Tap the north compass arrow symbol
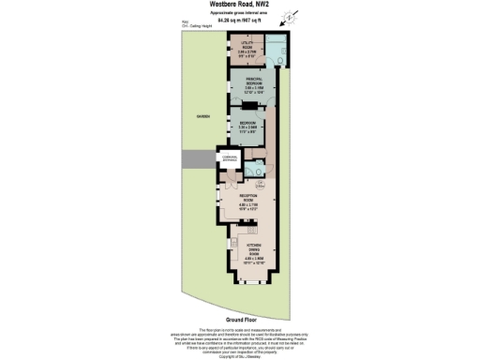(x=291, y=17)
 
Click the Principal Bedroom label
(x=246, y=84)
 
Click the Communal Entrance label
(x=230, y=159)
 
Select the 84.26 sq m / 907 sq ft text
(x=239, y=21)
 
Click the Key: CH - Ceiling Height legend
(x=202, y=27)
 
